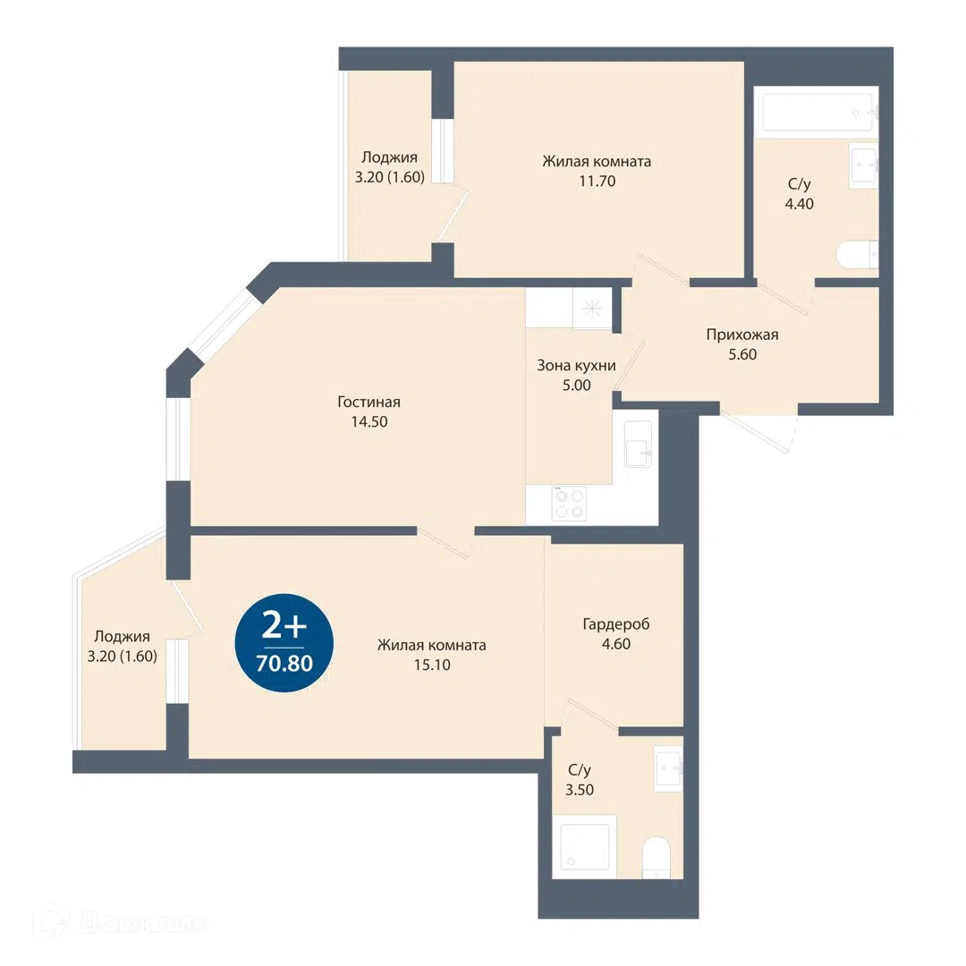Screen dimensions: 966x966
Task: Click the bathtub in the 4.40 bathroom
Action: click(x=817, y=112)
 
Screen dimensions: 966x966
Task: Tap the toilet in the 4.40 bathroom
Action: click(x=857, y=254)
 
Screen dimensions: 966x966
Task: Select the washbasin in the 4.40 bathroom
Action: click(x=864, y=165)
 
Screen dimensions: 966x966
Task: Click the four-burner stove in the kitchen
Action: click(x=569, y=504)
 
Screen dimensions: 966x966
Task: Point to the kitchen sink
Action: click(x=639, y=445)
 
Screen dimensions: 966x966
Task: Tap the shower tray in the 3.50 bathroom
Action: click(x=584, y=846)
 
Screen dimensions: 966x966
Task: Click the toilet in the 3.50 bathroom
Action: click(x=656, y=857)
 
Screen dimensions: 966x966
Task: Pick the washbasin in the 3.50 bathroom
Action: click(x=668, y=769)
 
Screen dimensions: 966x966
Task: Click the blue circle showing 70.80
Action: click(x=284, y=642)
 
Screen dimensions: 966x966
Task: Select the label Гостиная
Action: click(x=369, y=402)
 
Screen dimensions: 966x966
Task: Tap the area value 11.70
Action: click(x=597, y=181)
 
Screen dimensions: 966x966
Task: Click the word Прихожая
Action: click(x=742, y=335)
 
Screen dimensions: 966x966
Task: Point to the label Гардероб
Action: click(x=616, y=624)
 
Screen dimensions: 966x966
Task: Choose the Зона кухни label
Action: click(x=577, y=365)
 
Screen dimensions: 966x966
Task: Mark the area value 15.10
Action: click(x=432, y=665)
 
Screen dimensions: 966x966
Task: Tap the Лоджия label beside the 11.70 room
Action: click(x=389, y=157)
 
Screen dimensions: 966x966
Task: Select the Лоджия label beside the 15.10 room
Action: click(x=122, y=637)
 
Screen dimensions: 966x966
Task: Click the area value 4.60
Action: click(x=616, y=644)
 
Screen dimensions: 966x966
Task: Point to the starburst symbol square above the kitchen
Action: click(x=591, y=309)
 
